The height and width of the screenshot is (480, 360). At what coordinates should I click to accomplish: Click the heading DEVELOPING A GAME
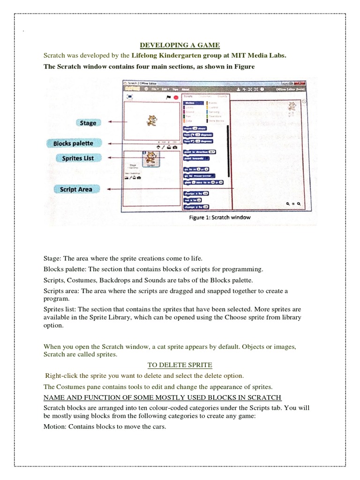180,45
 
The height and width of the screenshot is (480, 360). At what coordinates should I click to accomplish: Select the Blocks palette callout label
73,143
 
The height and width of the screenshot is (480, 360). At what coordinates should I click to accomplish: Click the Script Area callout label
75,189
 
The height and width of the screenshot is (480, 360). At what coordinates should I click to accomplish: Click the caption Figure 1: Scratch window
220,217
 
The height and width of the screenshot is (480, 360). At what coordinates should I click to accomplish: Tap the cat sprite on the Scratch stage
151,120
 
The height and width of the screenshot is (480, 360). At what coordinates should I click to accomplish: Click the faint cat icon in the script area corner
292,107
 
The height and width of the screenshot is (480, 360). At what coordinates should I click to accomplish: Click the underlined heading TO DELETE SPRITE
180,364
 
